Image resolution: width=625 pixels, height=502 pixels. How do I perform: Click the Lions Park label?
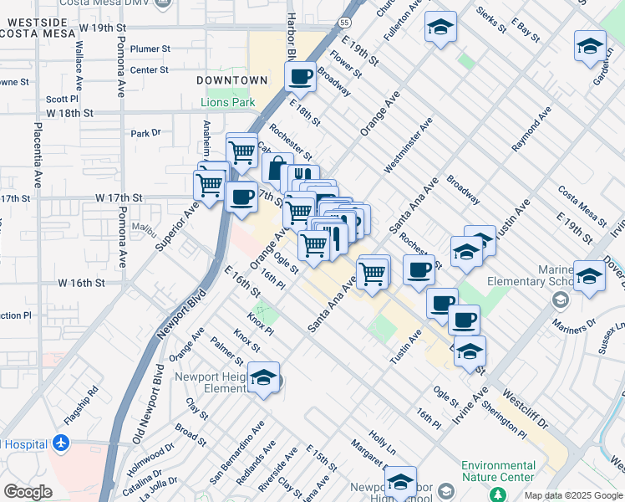click(x=227, y=103)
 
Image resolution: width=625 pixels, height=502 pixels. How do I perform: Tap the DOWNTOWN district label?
click(x=232, y=80)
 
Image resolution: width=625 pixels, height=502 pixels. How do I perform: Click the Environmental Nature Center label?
click(x=498, y=471)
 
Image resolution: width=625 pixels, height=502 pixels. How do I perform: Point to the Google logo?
click(x=28, y=492)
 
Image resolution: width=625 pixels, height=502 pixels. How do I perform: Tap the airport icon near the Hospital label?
click(x=60, y=443)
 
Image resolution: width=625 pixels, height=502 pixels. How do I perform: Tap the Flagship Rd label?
click(x=81, y=402)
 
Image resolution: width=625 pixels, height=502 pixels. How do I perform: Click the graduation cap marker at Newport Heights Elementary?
click(x=263, y=377)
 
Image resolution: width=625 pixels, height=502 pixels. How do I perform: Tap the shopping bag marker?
click(x=277, y=166)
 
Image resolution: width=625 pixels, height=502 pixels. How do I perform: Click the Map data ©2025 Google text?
click(x=572, y=495)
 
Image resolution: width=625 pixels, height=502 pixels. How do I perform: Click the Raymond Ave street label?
click(x=531, y=128)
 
